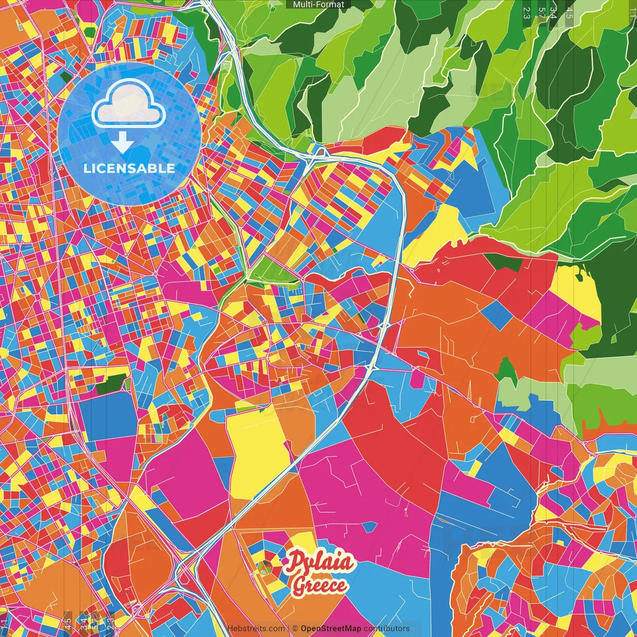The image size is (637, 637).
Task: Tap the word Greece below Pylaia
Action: [319, 585]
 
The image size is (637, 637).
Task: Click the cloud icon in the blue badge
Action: [128, 106]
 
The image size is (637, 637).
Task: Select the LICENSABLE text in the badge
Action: [129, 168]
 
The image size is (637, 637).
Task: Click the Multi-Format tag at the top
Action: [318, 4]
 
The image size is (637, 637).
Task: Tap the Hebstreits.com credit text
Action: [256, 629]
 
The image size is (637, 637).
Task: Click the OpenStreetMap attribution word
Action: [330, 629]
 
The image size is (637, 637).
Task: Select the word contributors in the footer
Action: [387, 629]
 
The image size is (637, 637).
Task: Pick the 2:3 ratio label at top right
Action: [527, 13]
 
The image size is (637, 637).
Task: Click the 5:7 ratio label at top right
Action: [541, 13]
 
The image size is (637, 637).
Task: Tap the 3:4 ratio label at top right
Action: [553, 13]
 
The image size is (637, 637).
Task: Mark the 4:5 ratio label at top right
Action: [569, 13]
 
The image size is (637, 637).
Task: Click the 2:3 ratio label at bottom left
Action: [110, 624]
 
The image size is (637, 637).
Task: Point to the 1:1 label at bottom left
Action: [4, 624]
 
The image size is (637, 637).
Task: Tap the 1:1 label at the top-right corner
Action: [632, 10]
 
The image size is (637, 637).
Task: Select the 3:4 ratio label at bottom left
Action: [84, 624]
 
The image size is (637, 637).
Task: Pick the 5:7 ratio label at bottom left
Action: [96, 624]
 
